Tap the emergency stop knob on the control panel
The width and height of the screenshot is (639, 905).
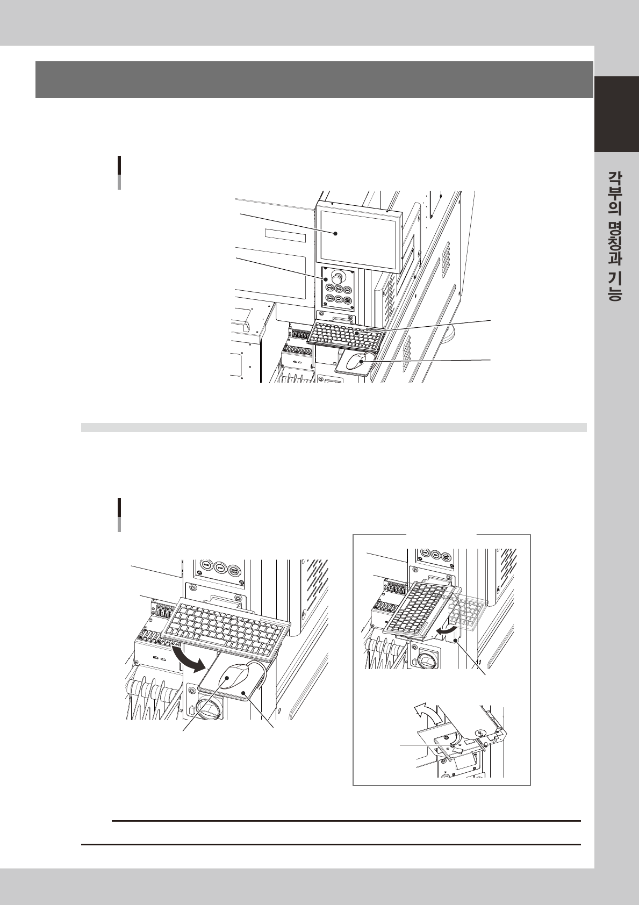pos(337,276)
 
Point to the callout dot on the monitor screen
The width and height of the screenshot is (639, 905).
pos(335,234)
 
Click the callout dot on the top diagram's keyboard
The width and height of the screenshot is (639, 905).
pos(357,334)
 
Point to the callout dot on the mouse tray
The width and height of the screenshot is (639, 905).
pos(243,693)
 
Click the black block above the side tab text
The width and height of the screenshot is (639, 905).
pos(616,114)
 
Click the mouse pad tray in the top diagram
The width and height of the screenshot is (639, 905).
pos(352,364)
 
